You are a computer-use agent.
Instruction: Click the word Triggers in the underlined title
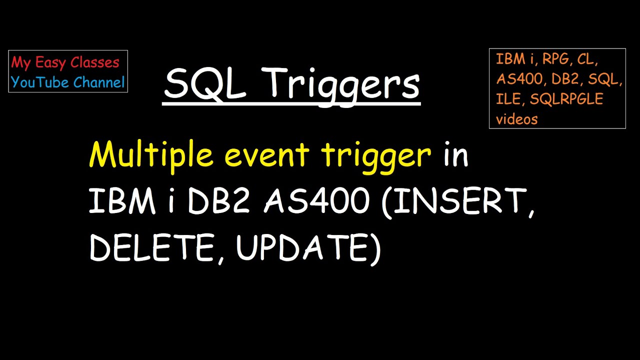pos(345,83)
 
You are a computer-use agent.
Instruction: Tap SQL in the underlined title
pos(205,83)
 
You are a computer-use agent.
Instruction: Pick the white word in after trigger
pos(455,155)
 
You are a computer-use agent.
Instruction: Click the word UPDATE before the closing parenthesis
pos(303,247)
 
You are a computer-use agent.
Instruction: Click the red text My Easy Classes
pos(65,62)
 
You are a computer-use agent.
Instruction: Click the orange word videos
pos(516,119)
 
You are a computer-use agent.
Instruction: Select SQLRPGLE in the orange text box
pos(566,99)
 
